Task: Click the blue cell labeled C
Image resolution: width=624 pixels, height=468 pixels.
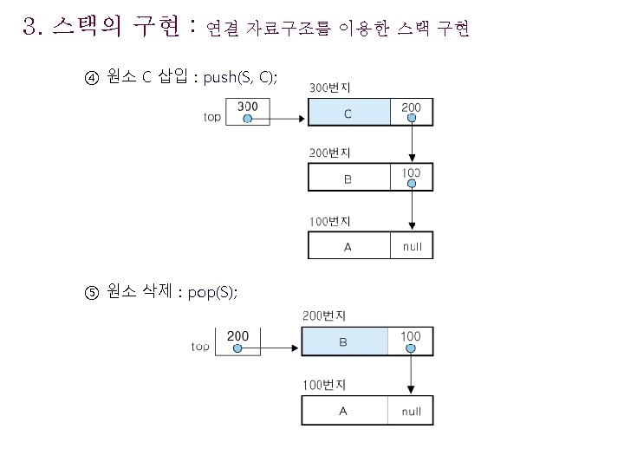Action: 348,113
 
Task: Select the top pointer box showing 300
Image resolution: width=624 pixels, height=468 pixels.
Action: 247,112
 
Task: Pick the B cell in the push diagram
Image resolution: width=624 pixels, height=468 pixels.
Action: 348,179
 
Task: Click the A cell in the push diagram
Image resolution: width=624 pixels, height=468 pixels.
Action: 348,246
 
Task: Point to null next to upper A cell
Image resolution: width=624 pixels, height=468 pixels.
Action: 412,246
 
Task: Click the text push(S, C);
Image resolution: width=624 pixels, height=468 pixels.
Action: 240,78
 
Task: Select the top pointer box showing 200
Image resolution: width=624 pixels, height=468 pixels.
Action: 237,341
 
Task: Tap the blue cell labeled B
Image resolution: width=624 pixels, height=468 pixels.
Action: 343,342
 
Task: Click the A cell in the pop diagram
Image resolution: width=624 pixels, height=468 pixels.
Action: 343,411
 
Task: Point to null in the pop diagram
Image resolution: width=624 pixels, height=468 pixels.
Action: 411,411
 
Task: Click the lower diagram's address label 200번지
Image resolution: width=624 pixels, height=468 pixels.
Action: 323,315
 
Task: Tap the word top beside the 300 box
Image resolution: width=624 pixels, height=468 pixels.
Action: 211,117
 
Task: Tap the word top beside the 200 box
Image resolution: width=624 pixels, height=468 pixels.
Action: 200,347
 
